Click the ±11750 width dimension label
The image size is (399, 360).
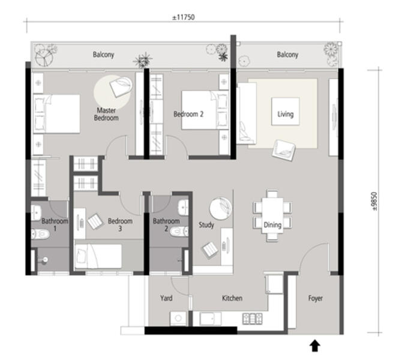(x=184, y=17)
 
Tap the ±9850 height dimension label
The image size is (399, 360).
(x=374, y=201)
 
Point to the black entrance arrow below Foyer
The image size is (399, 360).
(x=315, y=346)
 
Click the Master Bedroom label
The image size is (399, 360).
(x=106, y=114)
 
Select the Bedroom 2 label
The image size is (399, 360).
(x=188, y=114)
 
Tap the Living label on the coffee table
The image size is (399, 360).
(x=285, y=114)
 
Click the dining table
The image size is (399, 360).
(x=272, y=215)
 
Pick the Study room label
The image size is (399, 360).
(x=206, y=225)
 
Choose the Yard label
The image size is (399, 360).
(x=166, y=298)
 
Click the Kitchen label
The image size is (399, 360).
(x=232, y=298)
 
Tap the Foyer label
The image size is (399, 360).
(x=315, y=298)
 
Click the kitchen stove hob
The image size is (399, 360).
(x=252, y=319)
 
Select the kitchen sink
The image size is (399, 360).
(x=211, y=319)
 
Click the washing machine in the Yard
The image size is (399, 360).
(x=178, y=318)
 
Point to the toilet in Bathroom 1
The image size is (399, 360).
(x=40, y=234)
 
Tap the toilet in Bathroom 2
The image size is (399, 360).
(x=179, y=232)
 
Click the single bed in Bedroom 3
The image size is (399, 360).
(x=98, y=256)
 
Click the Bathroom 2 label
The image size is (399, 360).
(x=166, y=224)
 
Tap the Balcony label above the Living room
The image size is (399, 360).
(x=287, y=55)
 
